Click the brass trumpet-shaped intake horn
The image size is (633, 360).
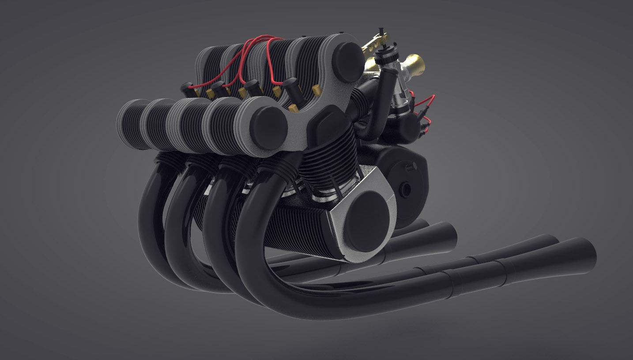415,64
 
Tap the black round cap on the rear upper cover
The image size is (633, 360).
348,62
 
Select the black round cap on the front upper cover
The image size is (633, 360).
268,127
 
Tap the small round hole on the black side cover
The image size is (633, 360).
405,189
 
